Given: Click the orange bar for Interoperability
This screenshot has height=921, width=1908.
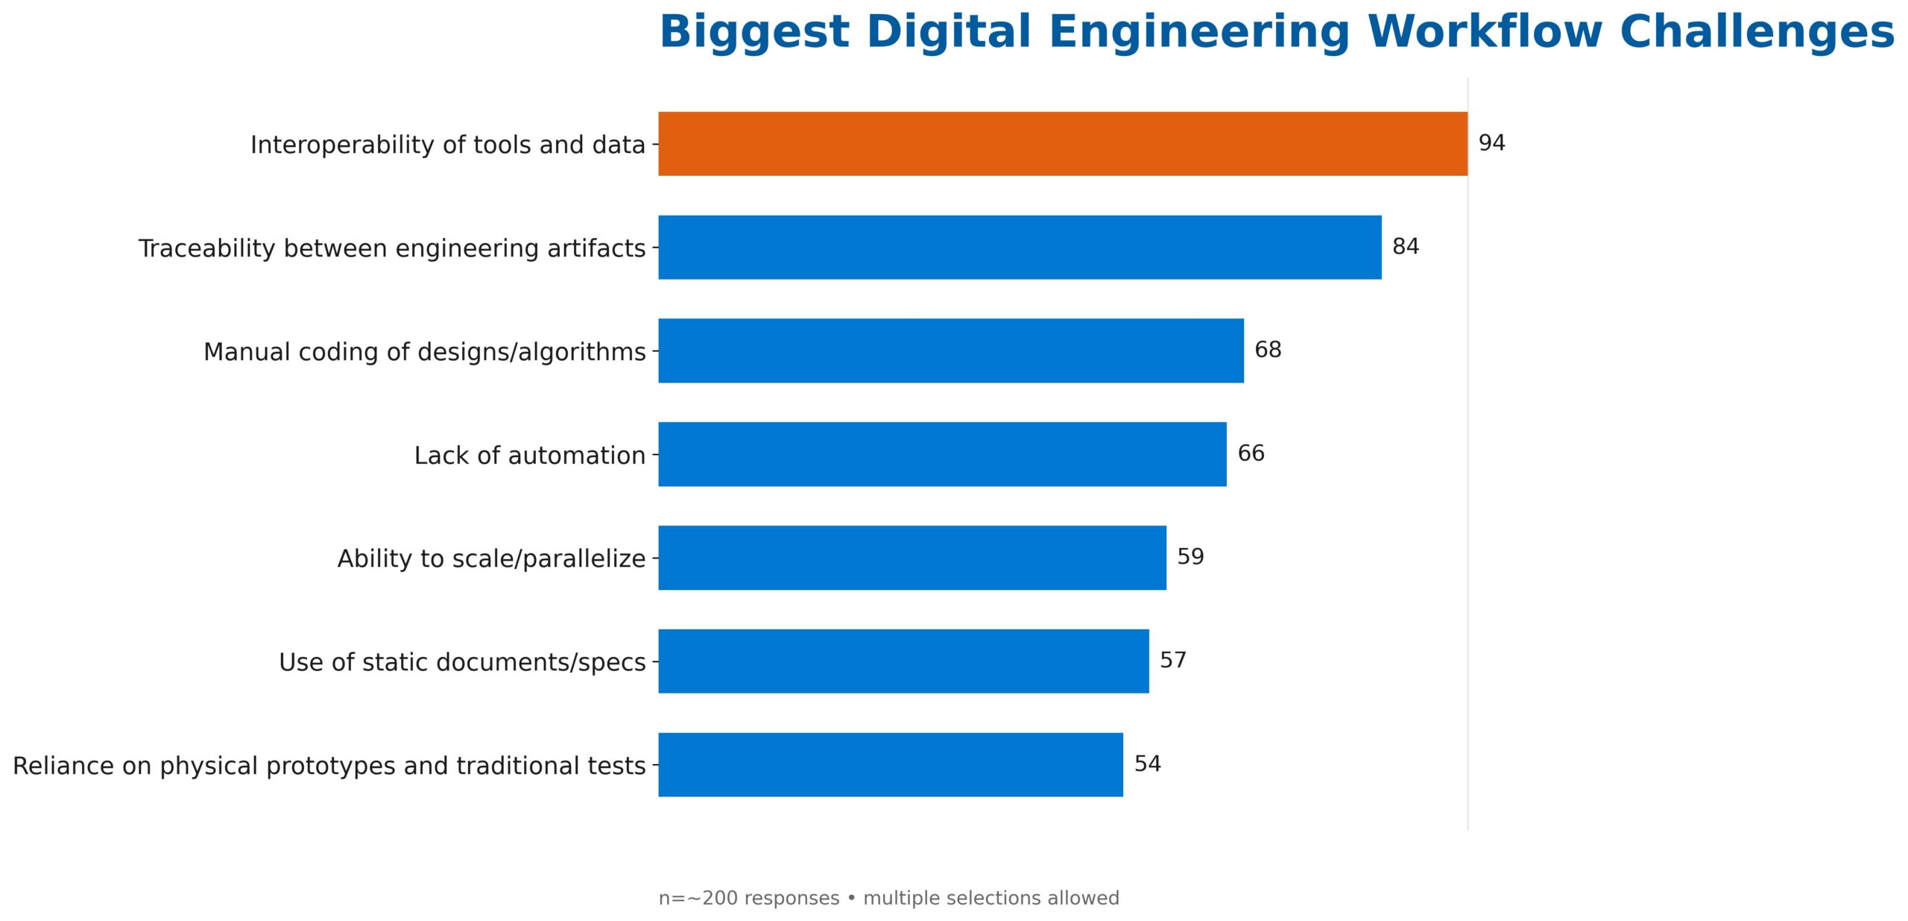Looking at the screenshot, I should (x=1062, y=144).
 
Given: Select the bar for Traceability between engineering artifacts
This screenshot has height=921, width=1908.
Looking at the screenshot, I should (x=1019, y=248).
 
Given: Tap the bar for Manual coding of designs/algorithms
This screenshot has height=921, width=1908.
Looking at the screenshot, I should (x=950, y=351).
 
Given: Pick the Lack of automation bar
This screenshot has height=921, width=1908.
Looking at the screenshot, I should (x=941, y=454).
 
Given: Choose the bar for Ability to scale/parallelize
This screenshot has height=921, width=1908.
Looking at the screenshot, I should (x=912, y=558).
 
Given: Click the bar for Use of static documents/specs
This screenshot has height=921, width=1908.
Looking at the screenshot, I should (x=903, y=661).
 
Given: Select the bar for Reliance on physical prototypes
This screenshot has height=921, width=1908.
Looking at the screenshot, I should (x=890, y=764).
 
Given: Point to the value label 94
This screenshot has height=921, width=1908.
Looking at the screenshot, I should (x=1491, y=143).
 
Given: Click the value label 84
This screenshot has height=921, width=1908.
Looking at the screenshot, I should (x=1405, y=247).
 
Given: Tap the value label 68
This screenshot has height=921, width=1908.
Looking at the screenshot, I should (x=1267, y=350).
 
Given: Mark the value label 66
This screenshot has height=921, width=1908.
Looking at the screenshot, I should (x=1250, y=453).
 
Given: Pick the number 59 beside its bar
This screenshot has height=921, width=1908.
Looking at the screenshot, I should (x=1190, y=557).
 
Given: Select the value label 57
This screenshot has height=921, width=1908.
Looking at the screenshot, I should (x=1172, y=660).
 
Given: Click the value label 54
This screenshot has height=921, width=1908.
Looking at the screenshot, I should (x=1147, y=764).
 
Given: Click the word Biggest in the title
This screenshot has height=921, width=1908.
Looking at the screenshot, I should (x=754, y=33).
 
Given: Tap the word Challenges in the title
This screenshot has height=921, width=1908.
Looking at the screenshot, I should (x=1756, y=33).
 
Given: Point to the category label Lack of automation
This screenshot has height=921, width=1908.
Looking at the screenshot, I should (x=529, y=455).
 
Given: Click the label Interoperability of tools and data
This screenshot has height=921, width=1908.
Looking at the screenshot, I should (x=447, y=145).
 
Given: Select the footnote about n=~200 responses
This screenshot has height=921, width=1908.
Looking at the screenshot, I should (x=888, y=898).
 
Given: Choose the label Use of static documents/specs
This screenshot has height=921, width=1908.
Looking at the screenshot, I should (x=461, y=662).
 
